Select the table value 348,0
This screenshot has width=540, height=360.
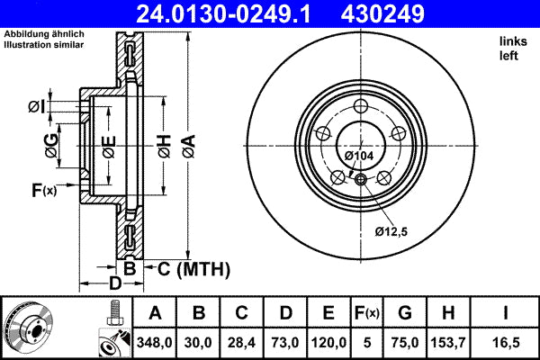pos(155,342)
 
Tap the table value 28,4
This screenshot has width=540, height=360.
pos(241,342)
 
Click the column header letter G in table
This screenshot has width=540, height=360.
pos(405,313)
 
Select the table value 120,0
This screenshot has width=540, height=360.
pos(328,342)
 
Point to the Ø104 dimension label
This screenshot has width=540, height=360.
pos(359,156)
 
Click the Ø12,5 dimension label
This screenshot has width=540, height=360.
pos(391,232)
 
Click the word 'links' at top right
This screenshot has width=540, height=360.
pos(511,42)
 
